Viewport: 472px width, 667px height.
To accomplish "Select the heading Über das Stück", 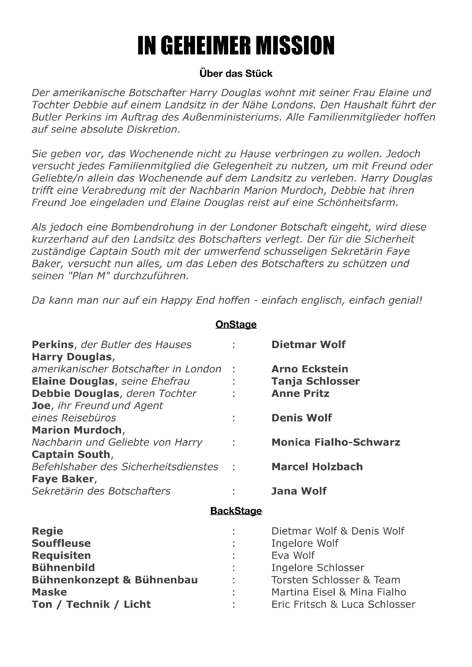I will pyautogui.click(x=236, y=74).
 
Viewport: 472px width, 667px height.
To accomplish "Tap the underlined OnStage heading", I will pyautogui.click(x=236, y=324).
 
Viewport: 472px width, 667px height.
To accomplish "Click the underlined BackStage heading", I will pyautogui.click(x=236, y=511).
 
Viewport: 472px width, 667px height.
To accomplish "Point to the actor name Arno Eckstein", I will pyautogui.click(x=309, y=369).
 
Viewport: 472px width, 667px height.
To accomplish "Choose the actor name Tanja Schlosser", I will pyautogui.click(x=315, y=381).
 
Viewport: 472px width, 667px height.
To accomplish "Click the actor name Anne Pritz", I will pyautogui.click(x=300, y=393).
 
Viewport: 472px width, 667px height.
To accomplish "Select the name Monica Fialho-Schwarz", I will pyautogui.click(x=336, y=442).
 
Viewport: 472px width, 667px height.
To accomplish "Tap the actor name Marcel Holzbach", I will pyautogui.click(x=317, y=467).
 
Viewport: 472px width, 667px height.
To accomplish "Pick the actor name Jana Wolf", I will pyautogui.click(x=299, y=491).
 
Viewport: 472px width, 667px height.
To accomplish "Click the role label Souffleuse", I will pyautogui.click(x=61, y=543).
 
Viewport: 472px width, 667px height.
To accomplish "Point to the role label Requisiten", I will pyautogui.click(x=61, y=555).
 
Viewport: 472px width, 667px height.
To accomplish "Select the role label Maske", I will pyautogui.click(x=49, y=592).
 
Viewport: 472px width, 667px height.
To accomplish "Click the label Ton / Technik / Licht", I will pyautogui.click(x=91, y=604).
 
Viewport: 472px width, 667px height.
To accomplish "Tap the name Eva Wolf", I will pyautogui.click(x=293, y=555).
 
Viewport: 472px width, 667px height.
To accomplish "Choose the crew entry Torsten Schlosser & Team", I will pyautogui.click(x=336, y=580).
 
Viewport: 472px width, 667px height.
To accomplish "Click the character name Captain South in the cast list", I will pyautogui.click(x=71, y=454).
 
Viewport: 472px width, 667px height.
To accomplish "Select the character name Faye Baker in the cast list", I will pyautogui.click(x=63, y=479).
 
